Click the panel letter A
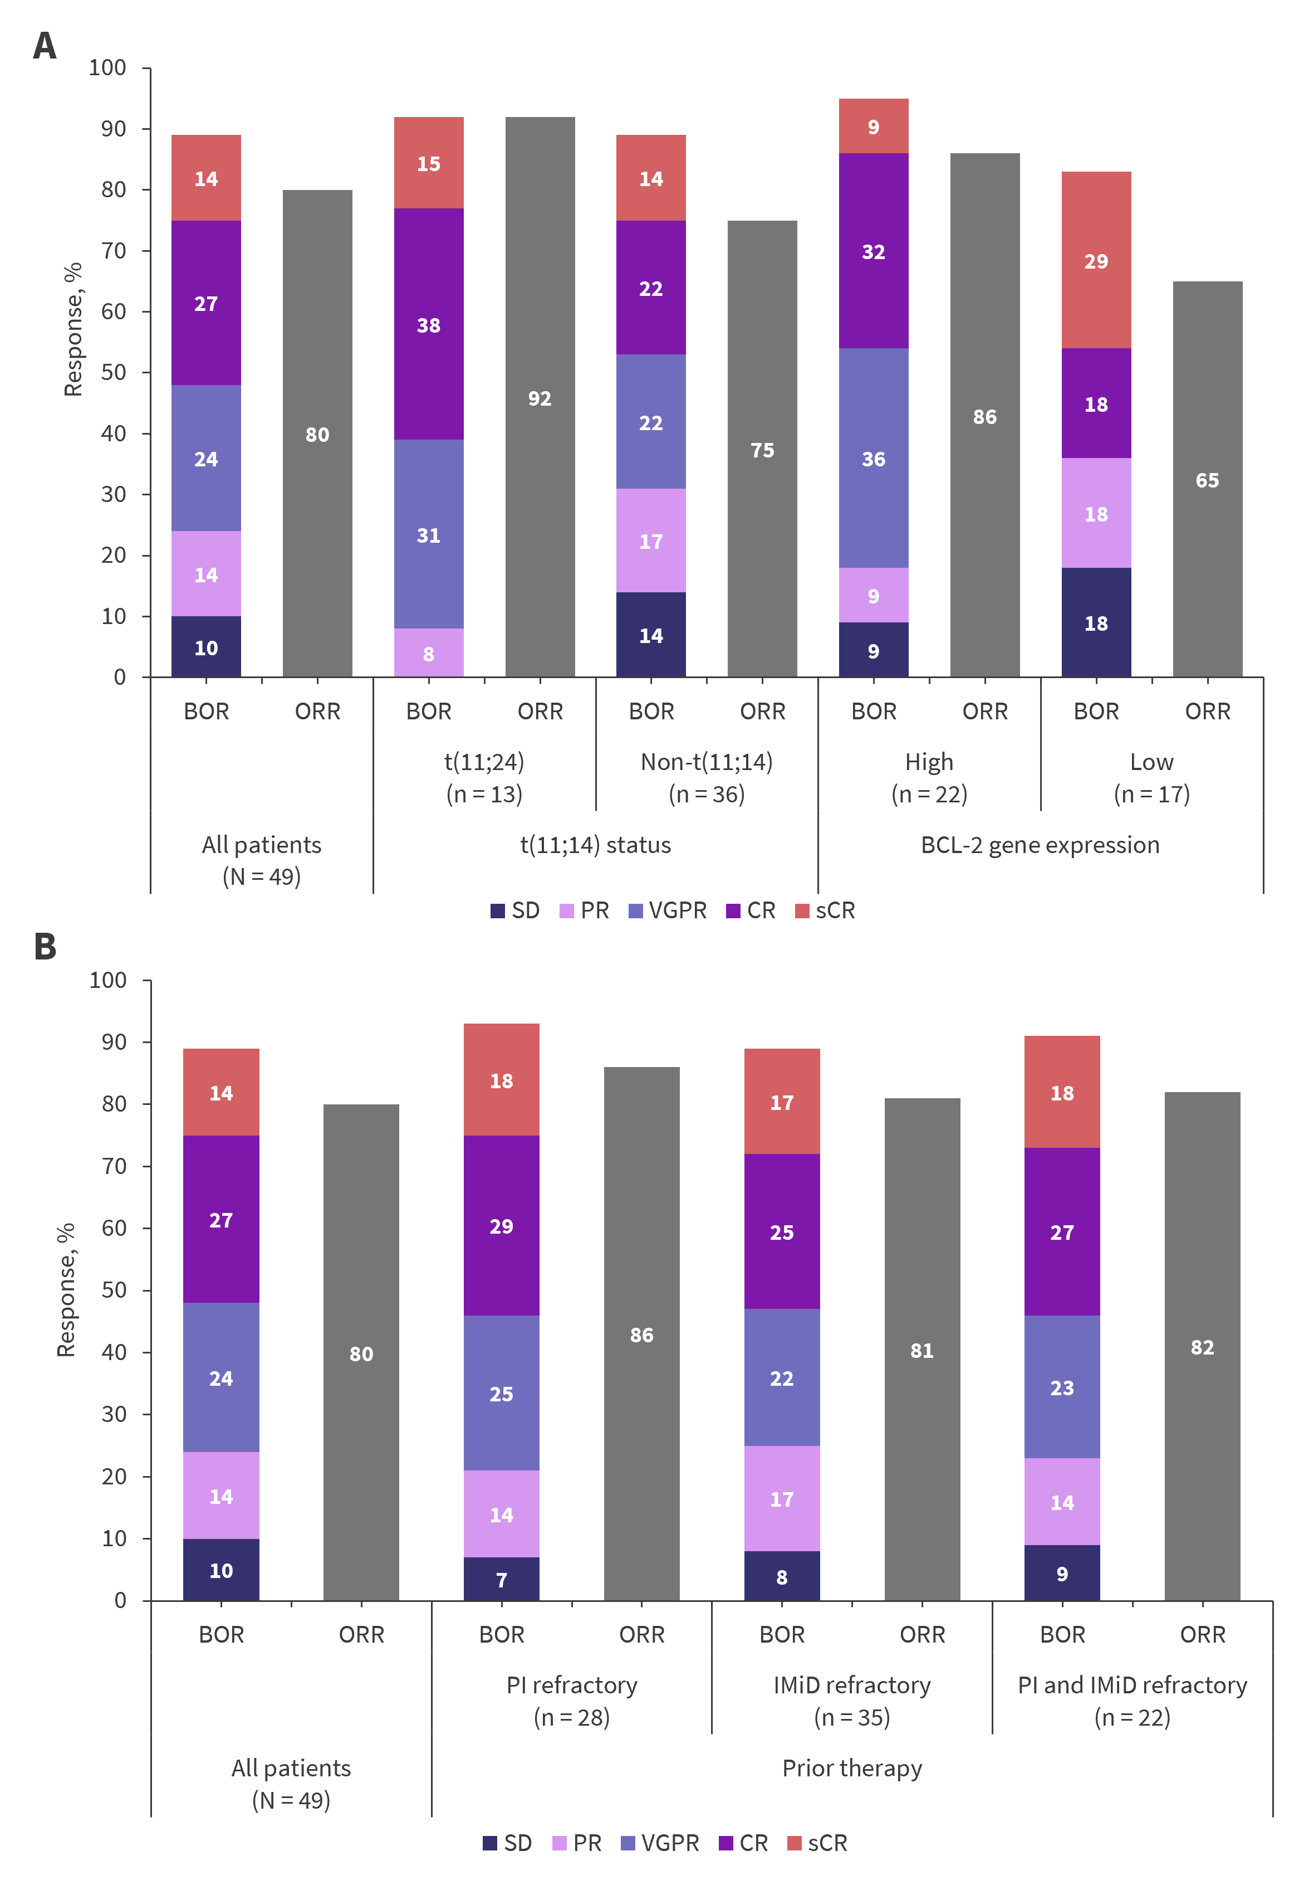45,46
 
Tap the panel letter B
45,947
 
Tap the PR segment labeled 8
428,652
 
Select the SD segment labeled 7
501,1579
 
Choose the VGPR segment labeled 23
1061,1387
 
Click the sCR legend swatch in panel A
802,910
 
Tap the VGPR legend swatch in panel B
628,1843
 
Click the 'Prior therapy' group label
851,1768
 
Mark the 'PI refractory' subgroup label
571,1685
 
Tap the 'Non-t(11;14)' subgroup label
706,762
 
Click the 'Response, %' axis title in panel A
73,329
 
